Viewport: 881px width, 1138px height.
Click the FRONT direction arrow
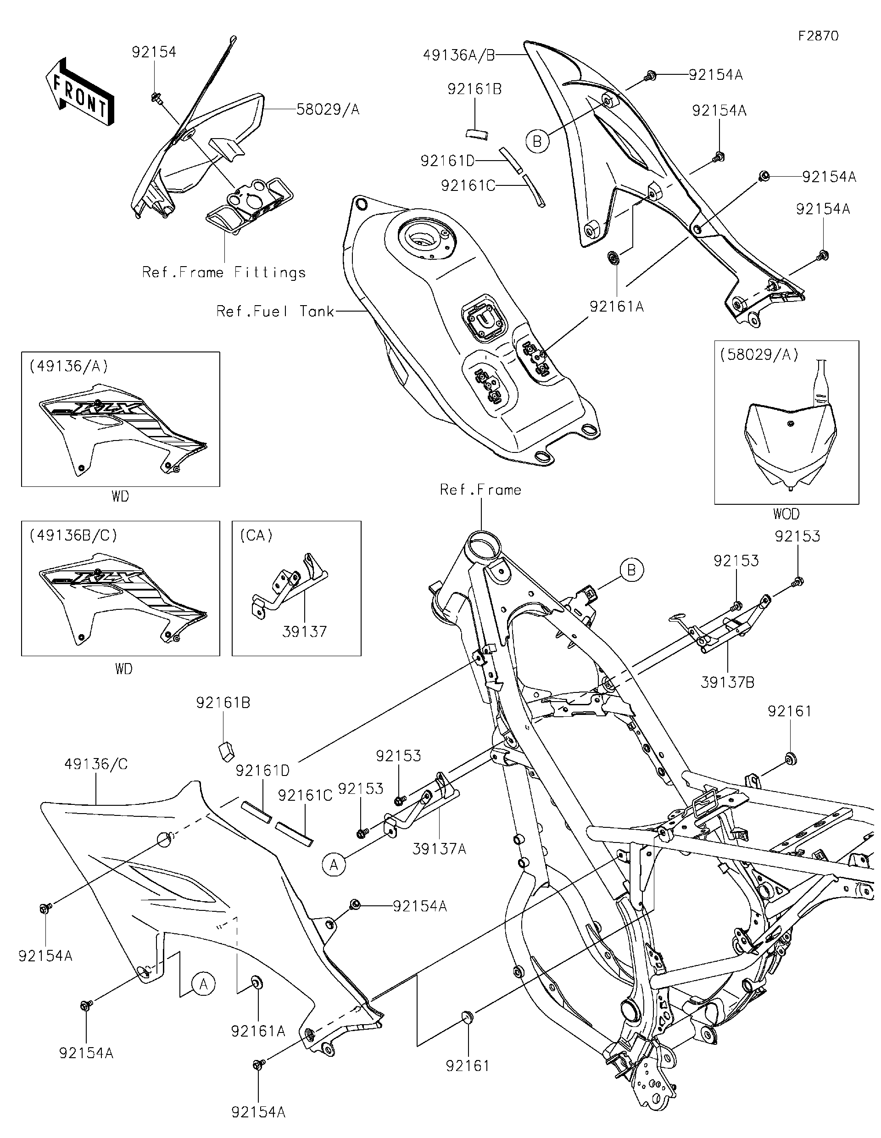click(79, 91)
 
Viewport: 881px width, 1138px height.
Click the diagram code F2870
click(819, 36)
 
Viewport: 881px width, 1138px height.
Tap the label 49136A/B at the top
click(458, 55)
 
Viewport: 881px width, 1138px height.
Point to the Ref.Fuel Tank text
click(275, 312)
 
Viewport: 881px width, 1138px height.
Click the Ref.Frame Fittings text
click(224, 273)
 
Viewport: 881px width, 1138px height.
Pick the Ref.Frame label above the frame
click(480, 490)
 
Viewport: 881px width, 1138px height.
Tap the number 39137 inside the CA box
click(304, 631)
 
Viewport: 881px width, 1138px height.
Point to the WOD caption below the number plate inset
click(786, 514)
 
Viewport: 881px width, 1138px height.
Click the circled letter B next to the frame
click(631, 570)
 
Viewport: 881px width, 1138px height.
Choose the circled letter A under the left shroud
click(203, 984)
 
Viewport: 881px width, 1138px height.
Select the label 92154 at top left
click(154, 52)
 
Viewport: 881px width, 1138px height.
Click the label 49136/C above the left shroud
click(96, 764)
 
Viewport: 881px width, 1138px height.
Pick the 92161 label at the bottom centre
click(468, 1065)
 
